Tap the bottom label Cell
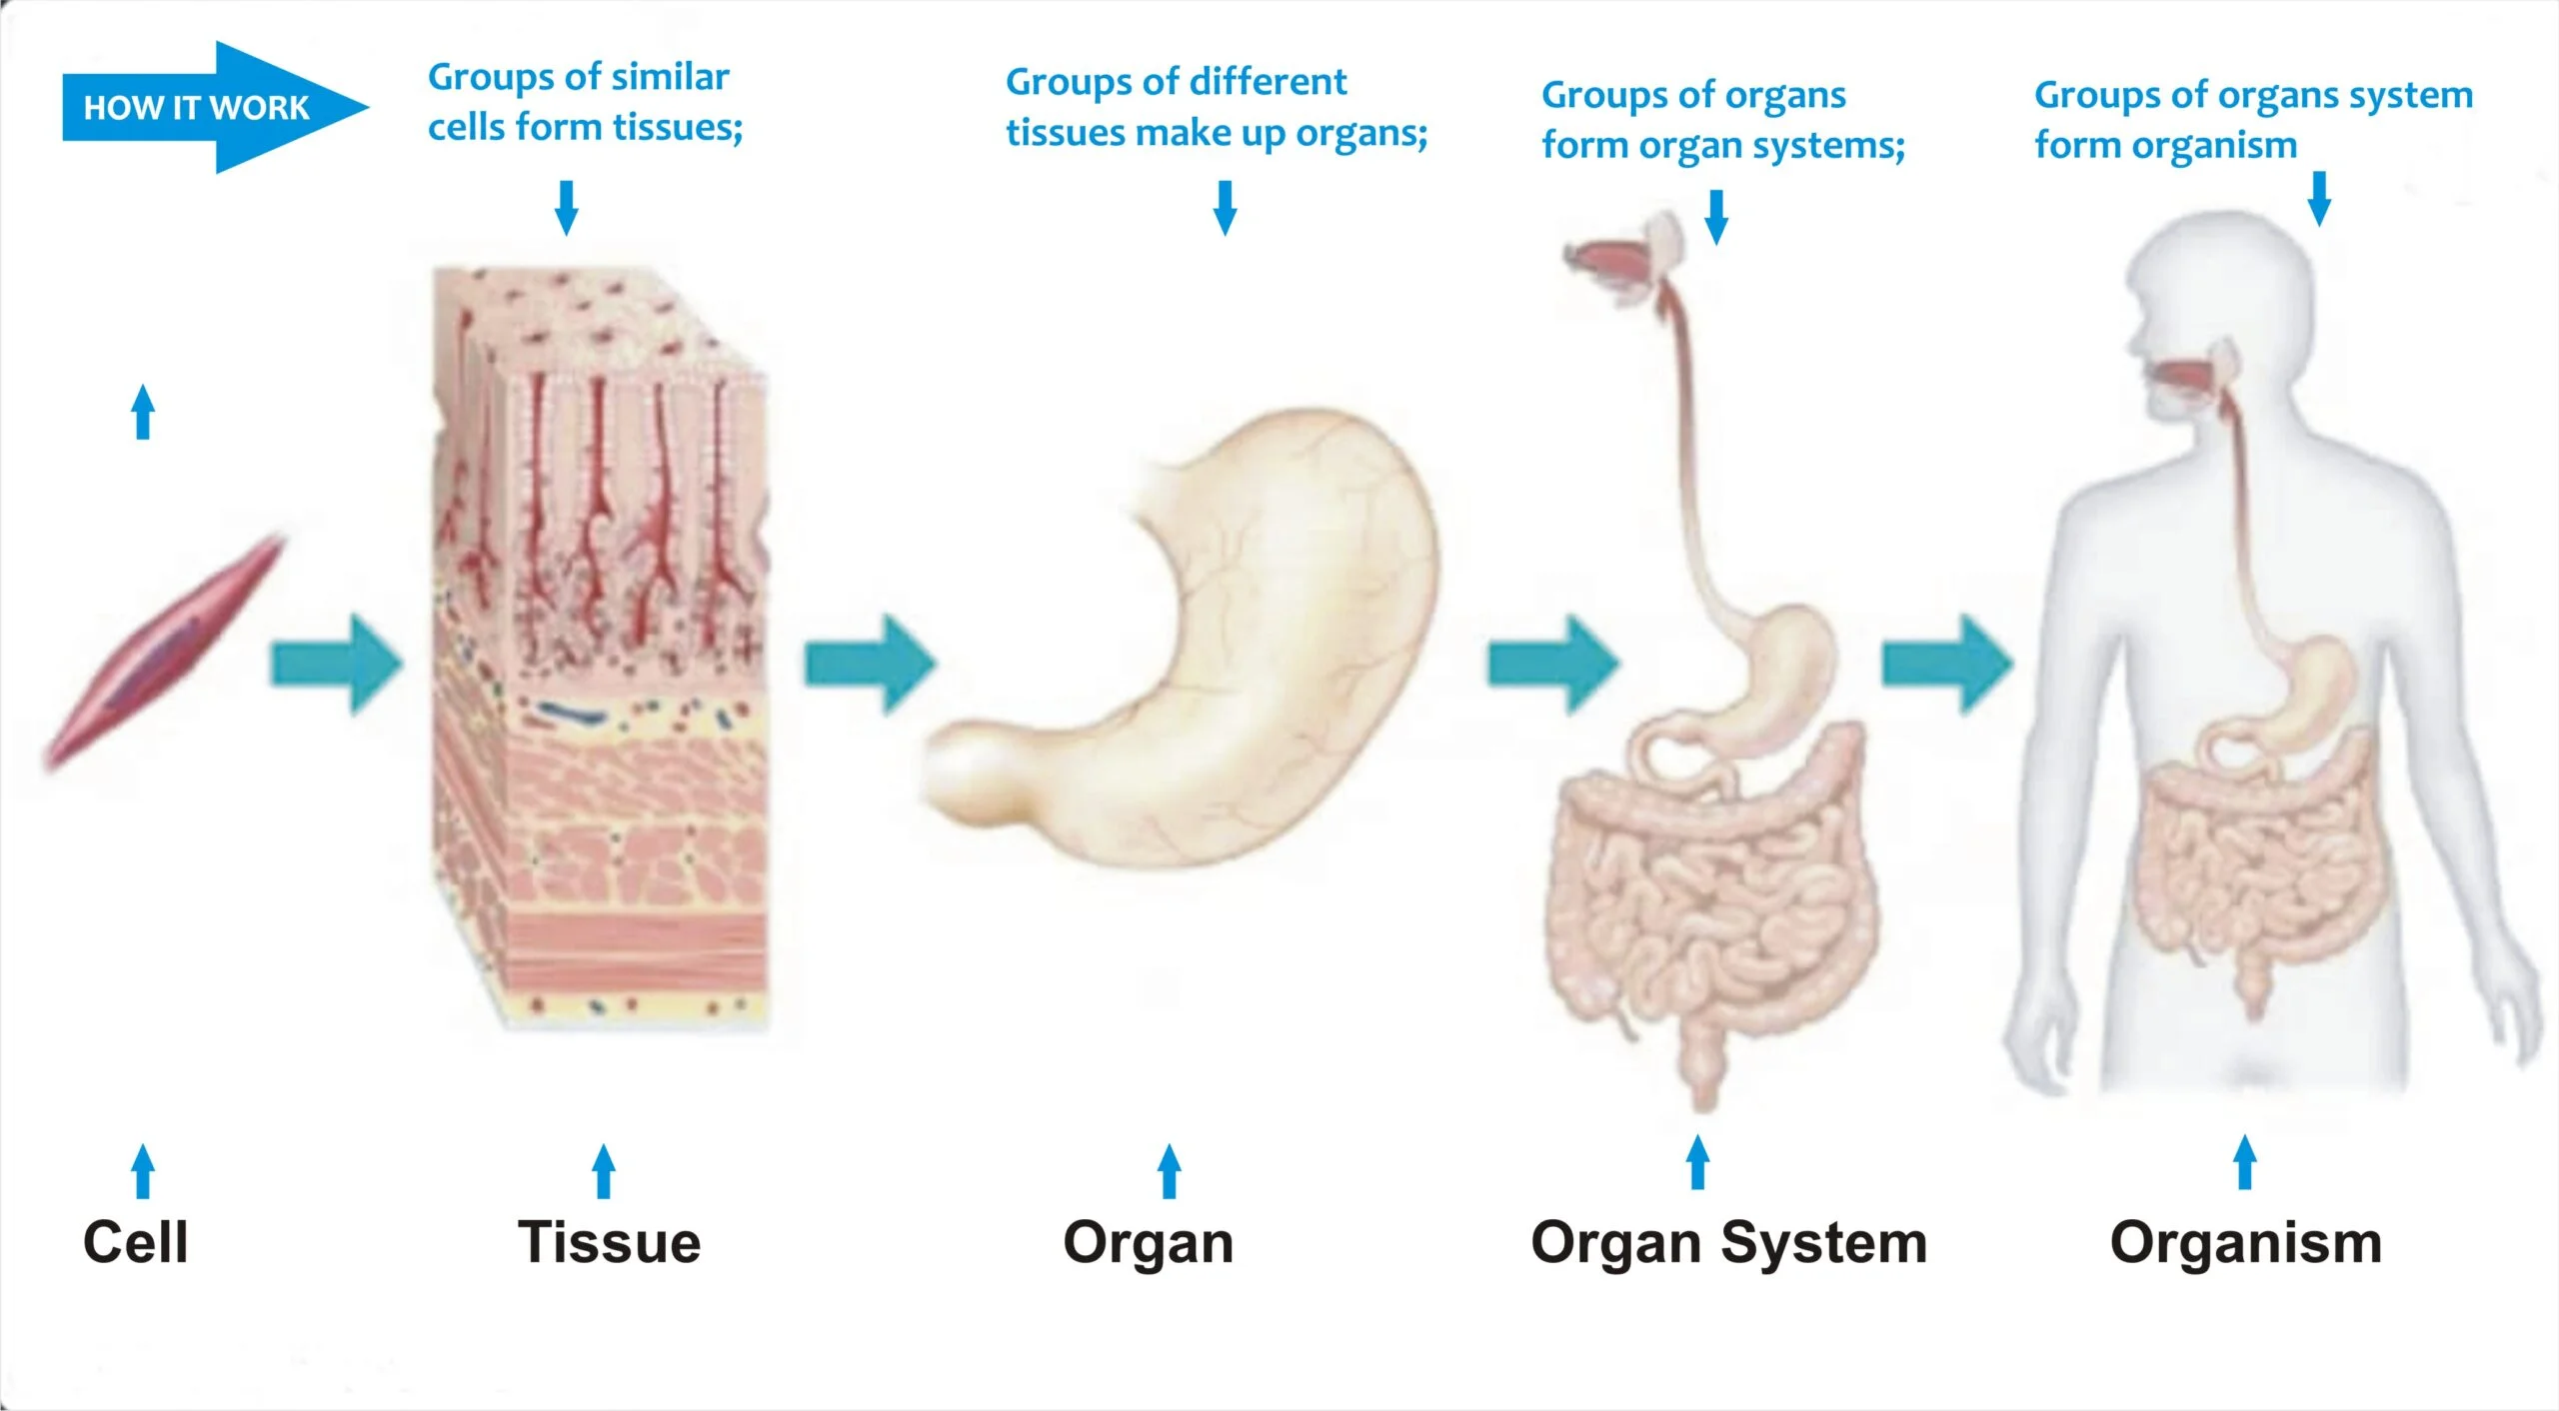point(135,1242)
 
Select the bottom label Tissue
point(609,1242)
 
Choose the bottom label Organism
point(2245,1243)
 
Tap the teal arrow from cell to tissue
point(336,665)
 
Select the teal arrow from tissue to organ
point(870,665)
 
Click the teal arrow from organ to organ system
point(1552,665)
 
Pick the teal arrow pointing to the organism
point(1946,665)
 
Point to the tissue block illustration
point(600,650)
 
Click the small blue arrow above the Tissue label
point(603,1170)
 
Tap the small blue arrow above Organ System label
point(1697,1161)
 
